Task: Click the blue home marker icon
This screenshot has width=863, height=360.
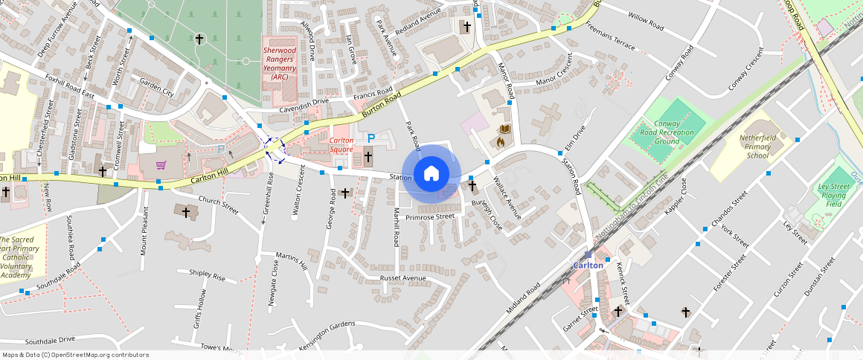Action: coord(431,173)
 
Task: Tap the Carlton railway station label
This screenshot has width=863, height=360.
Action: coord(588,265)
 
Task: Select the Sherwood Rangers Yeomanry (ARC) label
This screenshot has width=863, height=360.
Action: coord(280,63)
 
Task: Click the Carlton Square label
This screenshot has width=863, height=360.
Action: coord(341,144)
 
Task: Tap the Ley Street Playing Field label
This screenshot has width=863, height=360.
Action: coord(833,195)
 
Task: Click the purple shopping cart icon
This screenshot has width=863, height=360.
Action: coord(161,164)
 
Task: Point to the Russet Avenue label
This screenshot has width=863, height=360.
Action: coord(402,278)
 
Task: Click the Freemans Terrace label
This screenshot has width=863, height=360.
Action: coord(610,39)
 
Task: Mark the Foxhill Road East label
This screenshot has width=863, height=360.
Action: coord(69,86)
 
